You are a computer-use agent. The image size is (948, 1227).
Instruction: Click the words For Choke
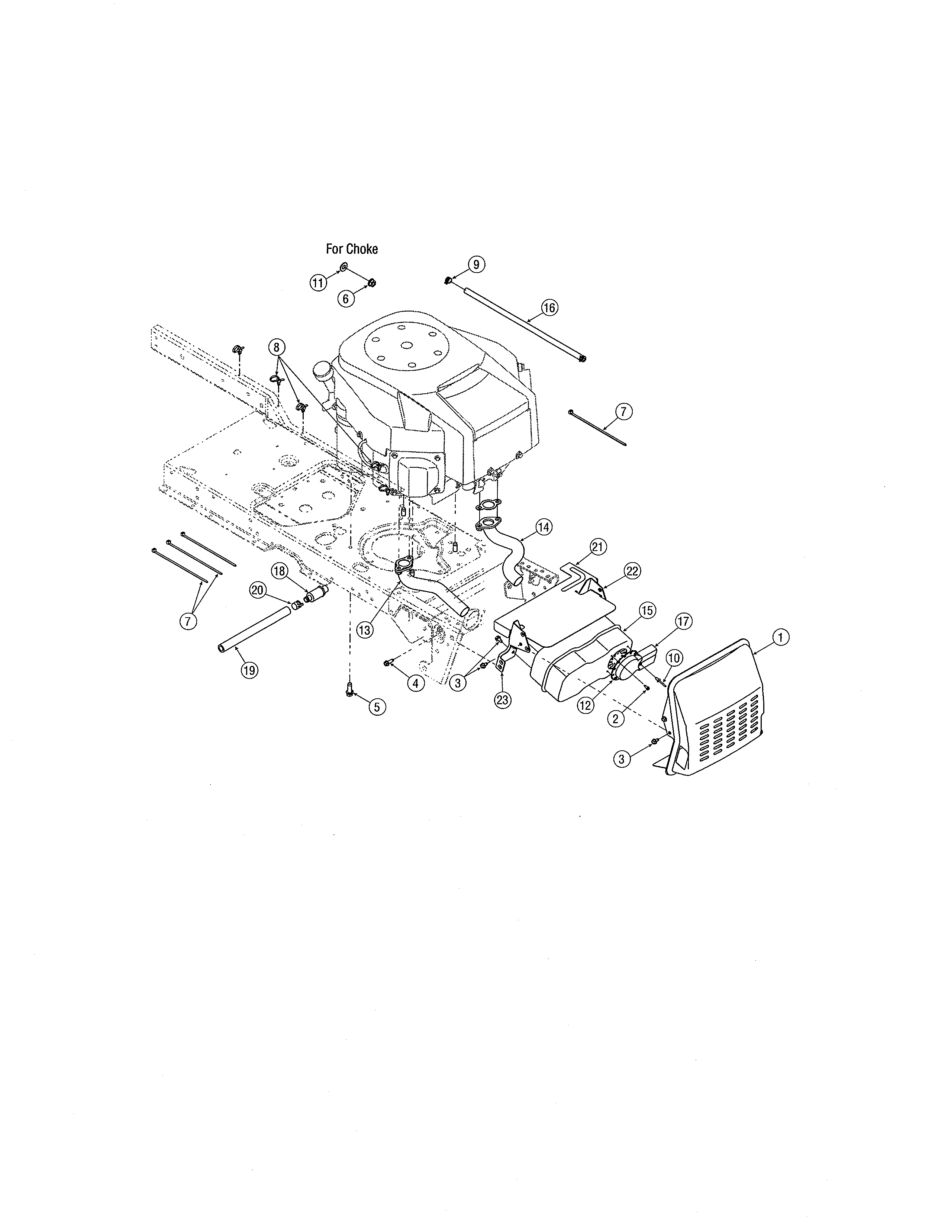point(352,249)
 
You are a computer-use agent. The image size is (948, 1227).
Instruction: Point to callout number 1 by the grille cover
point(781,637)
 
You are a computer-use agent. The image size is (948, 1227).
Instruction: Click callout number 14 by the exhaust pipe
point(543,527)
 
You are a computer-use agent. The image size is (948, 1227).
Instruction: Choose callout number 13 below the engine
point(364,630)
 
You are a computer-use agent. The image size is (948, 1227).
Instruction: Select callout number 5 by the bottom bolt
point(377,707)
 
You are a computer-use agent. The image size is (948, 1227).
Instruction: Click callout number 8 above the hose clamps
point(276,347)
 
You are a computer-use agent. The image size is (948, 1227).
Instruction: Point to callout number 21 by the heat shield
point(598,546)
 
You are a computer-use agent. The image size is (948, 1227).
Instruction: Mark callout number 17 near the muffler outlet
point(683,621)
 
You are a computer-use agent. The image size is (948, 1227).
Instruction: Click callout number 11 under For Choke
point(319,283)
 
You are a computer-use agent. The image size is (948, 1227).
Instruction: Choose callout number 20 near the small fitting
point(258,590)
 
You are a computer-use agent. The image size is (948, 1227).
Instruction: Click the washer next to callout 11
point(343,265)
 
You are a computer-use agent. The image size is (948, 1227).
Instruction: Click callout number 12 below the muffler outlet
point(585,705)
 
